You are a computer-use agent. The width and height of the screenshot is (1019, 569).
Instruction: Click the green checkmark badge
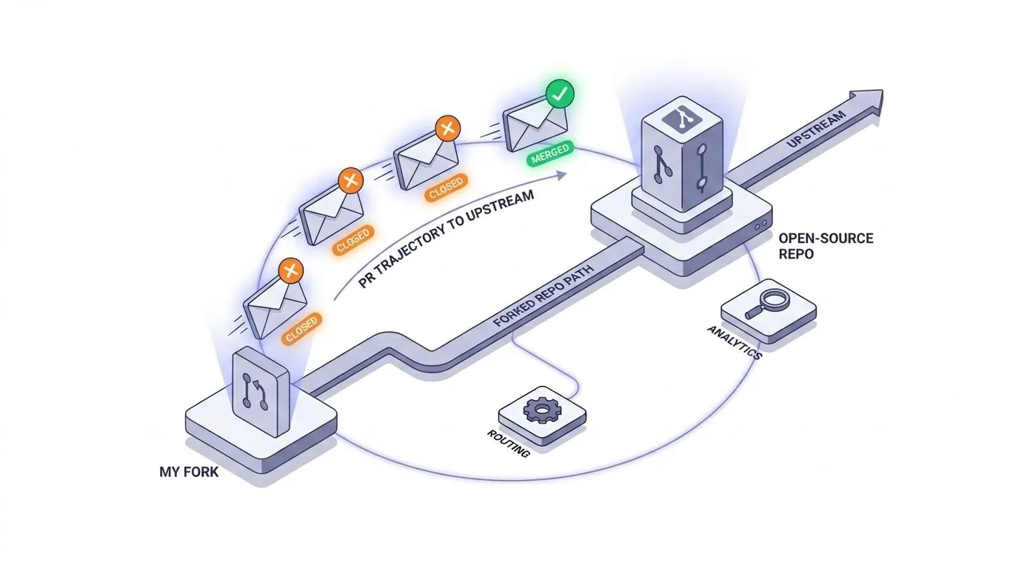click(x=560, y=96)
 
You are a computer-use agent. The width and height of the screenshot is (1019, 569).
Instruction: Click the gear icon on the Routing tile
click(x=541, y=411)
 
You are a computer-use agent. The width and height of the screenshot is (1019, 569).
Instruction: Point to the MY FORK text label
click(x=189, y=471)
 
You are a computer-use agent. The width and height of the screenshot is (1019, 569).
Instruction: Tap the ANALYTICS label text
click(x=734, y=341)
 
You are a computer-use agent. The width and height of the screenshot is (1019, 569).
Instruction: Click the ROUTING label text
click(x=508, y=443)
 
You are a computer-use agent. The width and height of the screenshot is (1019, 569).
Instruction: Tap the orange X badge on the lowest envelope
click(x=290, y=271)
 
